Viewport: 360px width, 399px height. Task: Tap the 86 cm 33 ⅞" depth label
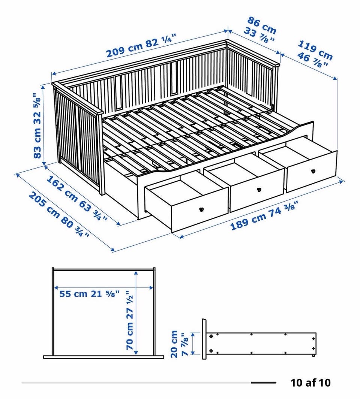click(260, 30)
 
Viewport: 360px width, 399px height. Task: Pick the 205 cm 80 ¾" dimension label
click(59, 214)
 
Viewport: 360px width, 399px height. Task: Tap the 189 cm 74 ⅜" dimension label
click(264, 215)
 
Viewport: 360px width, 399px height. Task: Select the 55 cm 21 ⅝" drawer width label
click(89, 294)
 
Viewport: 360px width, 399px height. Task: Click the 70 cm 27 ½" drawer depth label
click(130, 320)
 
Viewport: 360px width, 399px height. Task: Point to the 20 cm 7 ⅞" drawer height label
click(180, 344)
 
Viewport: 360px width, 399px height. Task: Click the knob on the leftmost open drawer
click(201, 209)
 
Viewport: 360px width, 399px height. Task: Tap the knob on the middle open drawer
click(259, 190)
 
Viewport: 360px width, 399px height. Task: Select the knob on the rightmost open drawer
click(313, 171)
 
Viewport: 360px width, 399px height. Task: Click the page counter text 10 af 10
click(310, 383)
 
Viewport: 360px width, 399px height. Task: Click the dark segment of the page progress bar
click(264, 383)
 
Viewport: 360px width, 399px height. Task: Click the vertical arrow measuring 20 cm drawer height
click(194, 344)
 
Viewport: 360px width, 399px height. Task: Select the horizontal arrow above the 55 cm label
click(104, 288)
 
